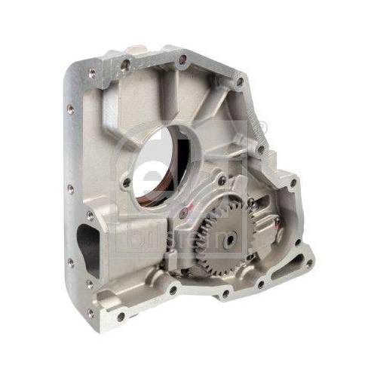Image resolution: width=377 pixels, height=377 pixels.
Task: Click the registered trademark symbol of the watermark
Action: click(x=260, y=133)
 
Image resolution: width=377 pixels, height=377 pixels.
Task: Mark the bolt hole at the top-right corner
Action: click(x=240, y=81)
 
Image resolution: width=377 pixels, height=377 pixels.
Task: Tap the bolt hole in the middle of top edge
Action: click(x=183, y=58)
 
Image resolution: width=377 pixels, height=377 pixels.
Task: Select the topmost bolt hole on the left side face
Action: click(x=70, y=109)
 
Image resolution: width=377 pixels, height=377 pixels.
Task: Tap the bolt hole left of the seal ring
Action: click(x=126, y=182)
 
